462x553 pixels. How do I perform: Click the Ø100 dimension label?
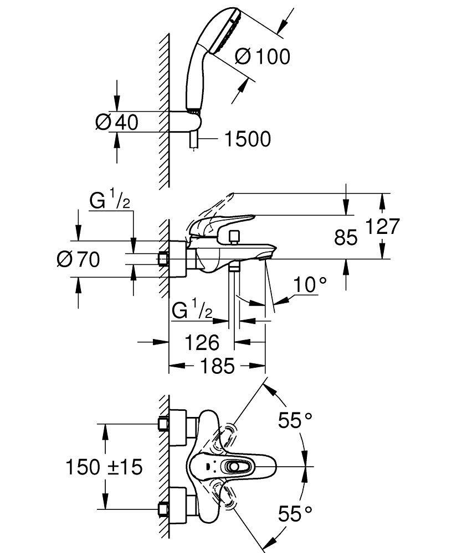262,56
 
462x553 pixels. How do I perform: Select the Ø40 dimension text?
116,122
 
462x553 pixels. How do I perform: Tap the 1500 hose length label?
247,139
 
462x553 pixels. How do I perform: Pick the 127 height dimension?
382,227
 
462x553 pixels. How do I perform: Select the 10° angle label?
310,285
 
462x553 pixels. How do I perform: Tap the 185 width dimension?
217,366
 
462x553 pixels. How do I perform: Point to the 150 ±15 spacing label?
104,467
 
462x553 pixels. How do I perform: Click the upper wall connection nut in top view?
163,423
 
